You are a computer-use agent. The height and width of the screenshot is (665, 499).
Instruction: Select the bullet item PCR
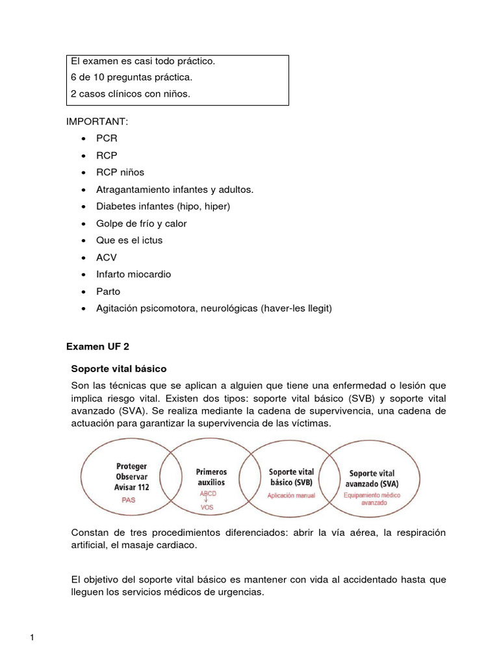pyautogui.click(x=107, y=140)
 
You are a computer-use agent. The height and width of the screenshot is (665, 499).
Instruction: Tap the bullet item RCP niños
pyautogui.click(x=120, y=173)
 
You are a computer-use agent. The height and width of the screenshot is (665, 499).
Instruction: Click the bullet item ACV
pyautogui.click(x=107, y=257)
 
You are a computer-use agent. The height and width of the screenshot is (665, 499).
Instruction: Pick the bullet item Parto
pyautogui.click(x=109, y=291)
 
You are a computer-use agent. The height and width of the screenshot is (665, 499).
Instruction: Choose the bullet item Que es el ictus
pyautogui.click(x=129, y=240)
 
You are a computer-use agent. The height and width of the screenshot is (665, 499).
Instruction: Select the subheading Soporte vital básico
pyautogui.click(x=118, y=368)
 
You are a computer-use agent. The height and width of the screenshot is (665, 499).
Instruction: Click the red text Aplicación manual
pyautogui.click(x=291, y=495)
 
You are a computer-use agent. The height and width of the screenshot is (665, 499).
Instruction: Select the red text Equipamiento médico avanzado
pyautogui.click(x=374, y=499)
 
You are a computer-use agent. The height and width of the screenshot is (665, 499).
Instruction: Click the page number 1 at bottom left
pyautogui.click(x=31, y=638)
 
